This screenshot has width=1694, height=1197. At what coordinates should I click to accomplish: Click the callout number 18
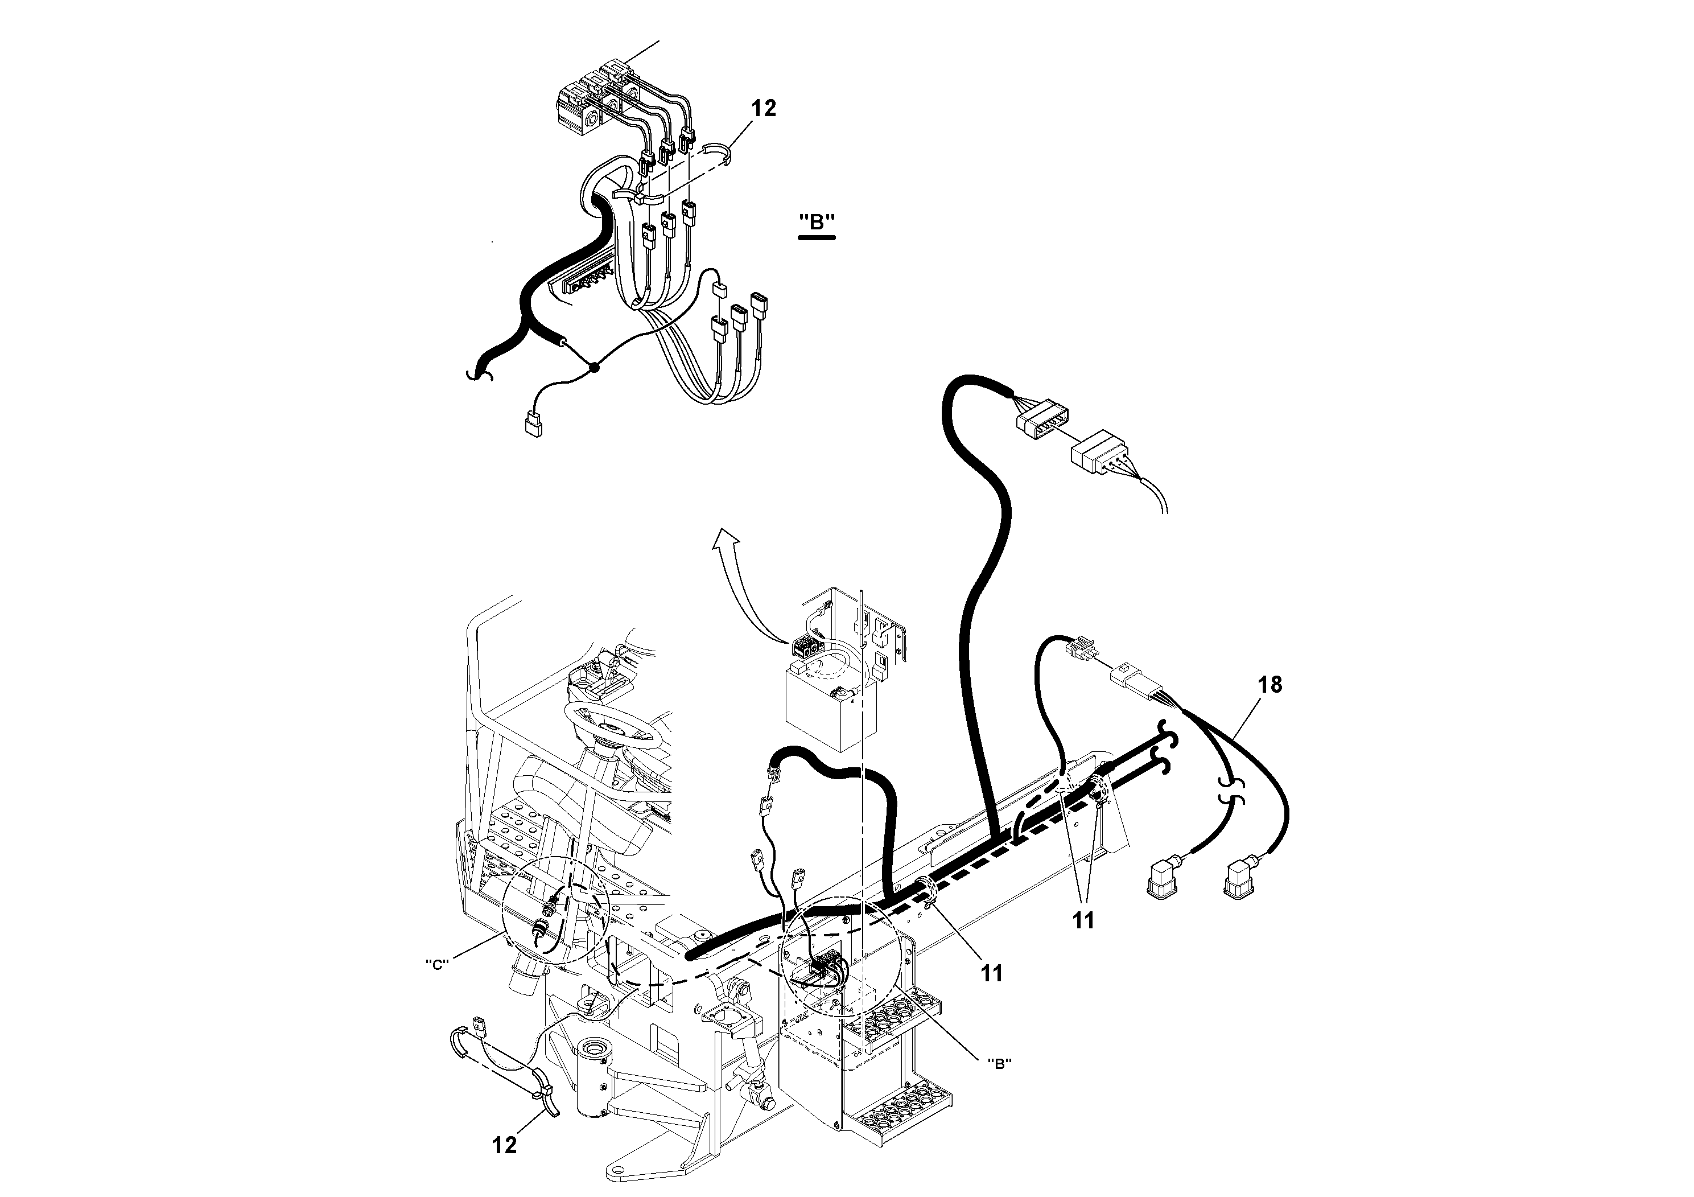(x=1270, y=685)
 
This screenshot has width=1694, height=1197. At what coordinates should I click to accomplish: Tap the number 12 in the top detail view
(x=764, y=109)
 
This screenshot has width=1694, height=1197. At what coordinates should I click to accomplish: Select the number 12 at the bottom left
(x=505, y=1145)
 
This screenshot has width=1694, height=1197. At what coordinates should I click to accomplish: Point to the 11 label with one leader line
(x=992, y=974)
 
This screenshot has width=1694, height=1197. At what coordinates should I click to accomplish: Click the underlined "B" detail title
(x=817, y=222)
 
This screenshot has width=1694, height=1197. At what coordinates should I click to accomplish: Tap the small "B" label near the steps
(x=999, y=1063)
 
